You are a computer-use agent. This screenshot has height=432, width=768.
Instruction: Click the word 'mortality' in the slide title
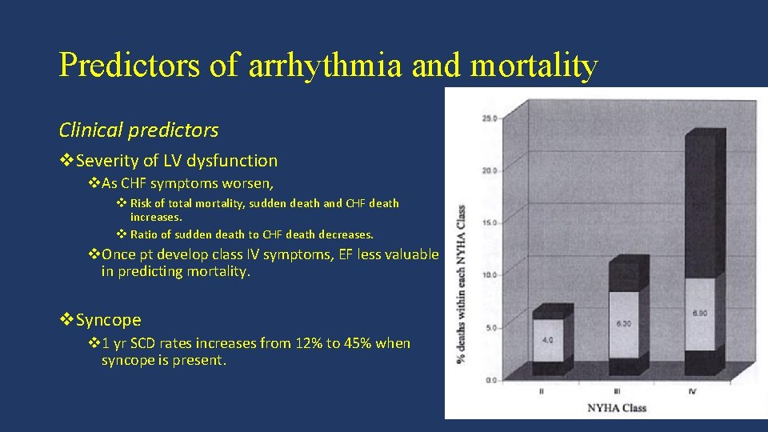[534, 66]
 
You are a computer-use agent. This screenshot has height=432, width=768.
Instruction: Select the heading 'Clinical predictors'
[138, 130]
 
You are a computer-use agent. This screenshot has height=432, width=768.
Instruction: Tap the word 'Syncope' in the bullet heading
[109, 320]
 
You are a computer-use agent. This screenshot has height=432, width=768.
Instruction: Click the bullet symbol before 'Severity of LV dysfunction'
[66, 161]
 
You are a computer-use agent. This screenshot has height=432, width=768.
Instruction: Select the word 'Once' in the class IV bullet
[119, 254]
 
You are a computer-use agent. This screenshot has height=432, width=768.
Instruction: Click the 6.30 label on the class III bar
[624, 323]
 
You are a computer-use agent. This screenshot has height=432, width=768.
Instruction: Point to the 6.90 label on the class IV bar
[700, 312]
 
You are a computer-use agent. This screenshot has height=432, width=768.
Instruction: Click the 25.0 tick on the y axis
[488, 118]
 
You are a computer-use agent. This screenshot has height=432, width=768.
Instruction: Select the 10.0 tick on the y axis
[488, 275]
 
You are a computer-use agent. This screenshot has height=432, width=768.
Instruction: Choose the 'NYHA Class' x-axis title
[617, 408]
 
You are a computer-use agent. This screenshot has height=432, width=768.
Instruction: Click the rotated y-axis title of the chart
[461, 279]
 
